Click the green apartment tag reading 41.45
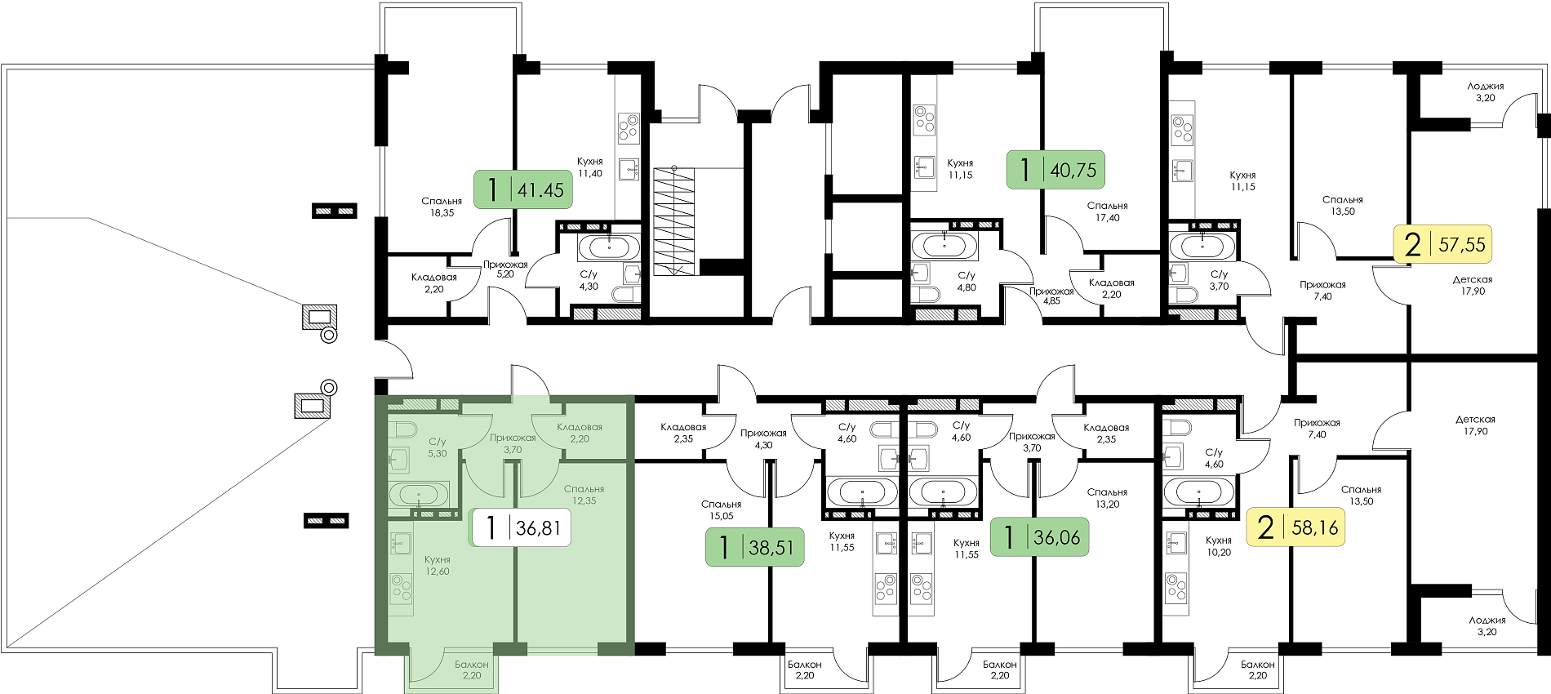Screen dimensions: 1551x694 (522, 189)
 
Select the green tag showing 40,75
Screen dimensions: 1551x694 (1055, 170)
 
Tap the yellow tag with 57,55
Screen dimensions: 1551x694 (1442, 244)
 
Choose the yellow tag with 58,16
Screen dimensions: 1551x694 (1295, 527)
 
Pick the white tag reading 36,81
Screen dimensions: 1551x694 (521, 527)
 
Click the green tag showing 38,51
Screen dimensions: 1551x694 (755, 547)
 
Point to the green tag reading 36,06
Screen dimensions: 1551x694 (1039, 537)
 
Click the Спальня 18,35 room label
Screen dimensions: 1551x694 (442, 207)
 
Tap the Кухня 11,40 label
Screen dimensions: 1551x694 (589, 167)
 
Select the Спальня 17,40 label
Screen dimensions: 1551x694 (1108, 211)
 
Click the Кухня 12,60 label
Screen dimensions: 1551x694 (438, 565)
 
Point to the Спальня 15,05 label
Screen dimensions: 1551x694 (722, 509)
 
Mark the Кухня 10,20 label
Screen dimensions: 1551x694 (1218, 546)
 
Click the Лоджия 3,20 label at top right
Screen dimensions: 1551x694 (1486, 91)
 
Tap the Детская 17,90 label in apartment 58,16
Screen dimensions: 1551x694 (1475, 425)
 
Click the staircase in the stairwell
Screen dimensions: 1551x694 (673, 220)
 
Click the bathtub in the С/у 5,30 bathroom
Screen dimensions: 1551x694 (418, 494)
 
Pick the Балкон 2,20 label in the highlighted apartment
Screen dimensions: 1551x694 (472, 670)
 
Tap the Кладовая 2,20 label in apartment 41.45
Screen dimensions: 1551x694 (434, 282)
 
